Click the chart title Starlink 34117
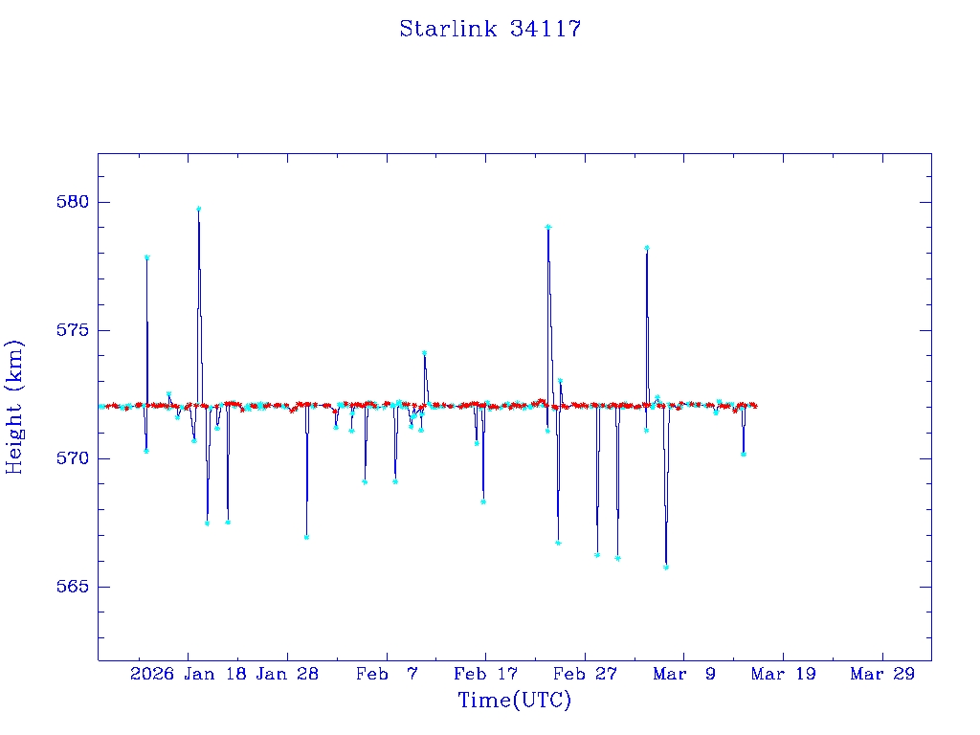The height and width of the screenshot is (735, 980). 490,29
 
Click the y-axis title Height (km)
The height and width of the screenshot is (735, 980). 14,407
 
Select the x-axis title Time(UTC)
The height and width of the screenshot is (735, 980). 514,701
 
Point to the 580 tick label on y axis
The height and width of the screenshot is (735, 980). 73,202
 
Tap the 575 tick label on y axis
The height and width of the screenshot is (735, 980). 73,330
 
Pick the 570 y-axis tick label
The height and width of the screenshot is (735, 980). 73,458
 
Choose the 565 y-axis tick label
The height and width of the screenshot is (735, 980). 73,587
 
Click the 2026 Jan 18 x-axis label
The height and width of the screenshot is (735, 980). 187,675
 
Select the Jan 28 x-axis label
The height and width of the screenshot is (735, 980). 287,675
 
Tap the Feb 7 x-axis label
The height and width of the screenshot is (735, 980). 387,675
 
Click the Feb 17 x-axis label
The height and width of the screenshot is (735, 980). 485,675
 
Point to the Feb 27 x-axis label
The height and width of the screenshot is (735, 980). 585,675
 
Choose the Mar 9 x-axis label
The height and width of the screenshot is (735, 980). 684,675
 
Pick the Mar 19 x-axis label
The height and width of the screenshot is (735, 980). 783,675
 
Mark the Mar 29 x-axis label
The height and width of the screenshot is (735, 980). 882,675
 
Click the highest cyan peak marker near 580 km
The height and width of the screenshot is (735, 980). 198,209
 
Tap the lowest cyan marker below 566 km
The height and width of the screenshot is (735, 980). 666,567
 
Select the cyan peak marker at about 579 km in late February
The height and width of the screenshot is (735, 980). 548,227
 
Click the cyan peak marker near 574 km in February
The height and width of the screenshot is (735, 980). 424,353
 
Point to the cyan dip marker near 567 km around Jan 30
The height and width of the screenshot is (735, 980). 306,537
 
